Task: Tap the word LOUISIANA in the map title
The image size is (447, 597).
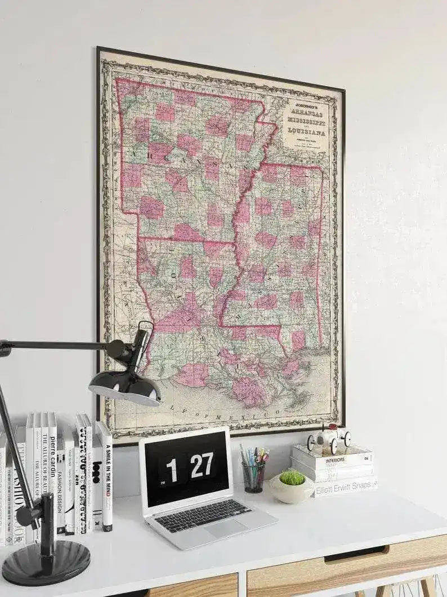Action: click(x=307, y=132)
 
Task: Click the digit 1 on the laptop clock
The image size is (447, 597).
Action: click(x=171, y=470)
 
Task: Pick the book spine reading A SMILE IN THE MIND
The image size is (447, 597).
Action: click(x=105, y=476)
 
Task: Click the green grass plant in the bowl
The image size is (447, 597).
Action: click(x=292, y=478)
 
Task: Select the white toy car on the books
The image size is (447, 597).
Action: click(x=329, y=437)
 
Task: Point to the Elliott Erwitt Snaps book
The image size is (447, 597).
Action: click(x=346, y=486)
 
